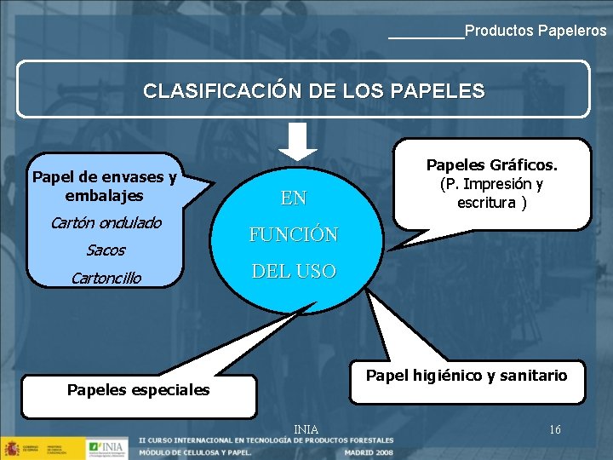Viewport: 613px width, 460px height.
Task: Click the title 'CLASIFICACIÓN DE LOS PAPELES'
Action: [x=314, y=90]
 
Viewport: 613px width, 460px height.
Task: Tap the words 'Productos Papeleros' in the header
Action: [x=536, y=31]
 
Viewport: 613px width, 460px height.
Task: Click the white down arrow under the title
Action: [x=297, y=141]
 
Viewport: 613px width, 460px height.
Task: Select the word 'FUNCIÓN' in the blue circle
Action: [x=294, y=234]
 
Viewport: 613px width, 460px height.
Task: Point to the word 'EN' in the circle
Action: [x=294, y=198]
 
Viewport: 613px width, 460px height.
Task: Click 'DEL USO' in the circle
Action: [x=294, y=272]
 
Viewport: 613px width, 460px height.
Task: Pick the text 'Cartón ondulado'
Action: [x=106, y=223]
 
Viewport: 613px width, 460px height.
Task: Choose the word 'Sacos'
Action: [x=106, y=250]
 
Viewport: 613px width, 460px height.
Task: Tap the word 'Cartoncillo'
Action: [x=106, y=278]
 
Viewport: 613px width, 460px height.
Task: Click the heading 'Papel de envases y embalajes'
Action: [x=104, y=186]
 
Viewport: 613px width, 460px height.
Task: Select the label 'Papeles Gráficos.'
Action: [x=492, y=164]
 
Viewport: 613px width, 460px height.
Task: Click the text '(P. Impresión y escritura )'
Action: [x=492, y=193]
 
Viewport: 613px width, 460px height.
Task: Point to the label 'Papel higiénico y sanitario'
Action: [x=467, y=376]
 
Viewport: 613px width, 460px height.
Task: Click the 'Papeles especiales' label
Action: [x=138, y=389]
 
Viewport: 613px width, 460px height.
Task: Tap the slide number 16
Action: [x=555, y=429]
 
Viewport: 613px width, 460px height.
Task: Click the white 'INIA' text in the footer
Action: [x=306, y=429]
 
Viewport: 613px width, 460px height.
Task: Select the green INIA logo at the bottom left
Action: [x=106, y=447]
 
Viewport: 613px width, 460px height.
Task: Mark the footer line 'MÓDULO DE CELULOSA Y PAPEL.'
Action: [x=195, y=452]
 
